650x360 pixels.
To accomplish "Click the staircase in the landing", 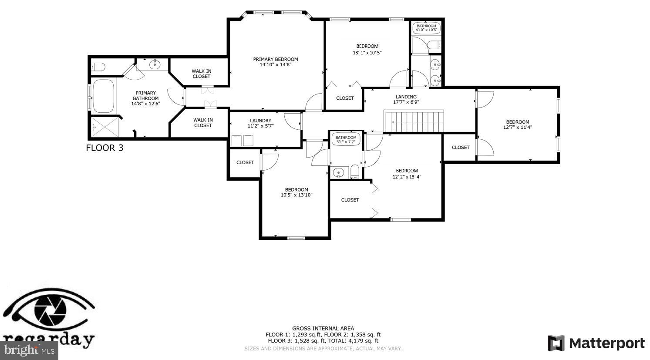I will pyautogui.click(x=414, y=121).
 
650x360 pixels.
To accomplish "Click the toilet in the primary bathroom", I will pyautogui.click(x=98, y=67).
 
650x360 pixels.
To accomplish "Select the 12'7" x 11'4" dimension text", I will pyautogui.click(x=517, y=128).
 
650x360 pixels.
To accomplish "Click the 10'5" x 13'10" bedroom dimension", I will pyautogui.click(x=296, y=195).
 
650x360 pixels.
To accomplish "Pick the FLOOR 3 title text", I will pyautogui.click(x=104, y=148).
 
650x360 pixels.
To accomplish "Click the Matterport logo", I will pyautogui.click(x=596, y=343).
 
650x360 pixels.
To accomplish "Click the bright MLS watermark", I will pyautogui.click(x=29, y=350).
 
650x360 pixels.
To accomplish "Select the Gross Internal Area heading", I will pyautogui.click(x=323, y=328).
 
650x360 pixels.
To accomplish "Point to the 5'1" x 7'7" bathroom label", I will pyautogui.click(x=346, y=139).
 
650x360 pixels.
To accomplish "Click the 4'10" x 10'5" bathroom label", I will pyautogui.click(x=426, y=28).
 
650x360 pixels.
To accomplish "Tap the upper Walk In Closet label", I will pyautogui.click(x=202, y=74).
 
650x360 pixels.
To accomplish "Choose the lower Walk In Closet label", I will pyautogui.click(x=203, y=123).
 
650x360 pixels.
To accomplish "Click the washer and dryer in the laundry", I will pyautogui.click(x=242, y=140).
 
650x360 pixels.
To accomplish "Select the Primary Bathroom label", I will pyautogui.click(x=145, y=98).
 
